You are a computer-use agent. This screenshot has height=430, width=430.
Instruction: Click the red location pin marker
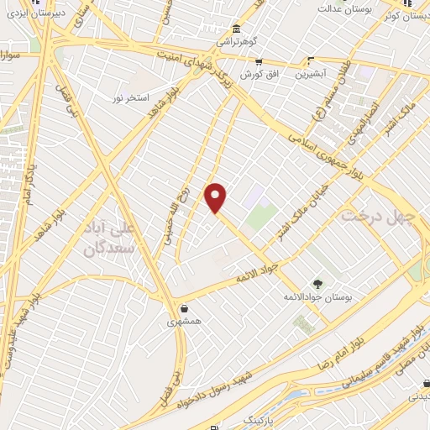tap(217, 198)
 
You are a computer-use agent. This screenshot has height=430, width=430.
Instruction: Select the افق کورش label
tap(258, 74)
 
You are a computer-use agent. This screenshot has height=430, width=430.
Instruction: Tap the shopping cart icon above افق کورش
tap(258, 60)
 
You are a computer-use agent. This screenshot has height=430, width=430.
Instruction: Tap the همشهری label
tap(183, 322)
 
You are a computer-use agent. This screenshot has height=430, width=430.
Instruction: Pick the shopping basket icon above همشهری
tap(184, 308)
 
